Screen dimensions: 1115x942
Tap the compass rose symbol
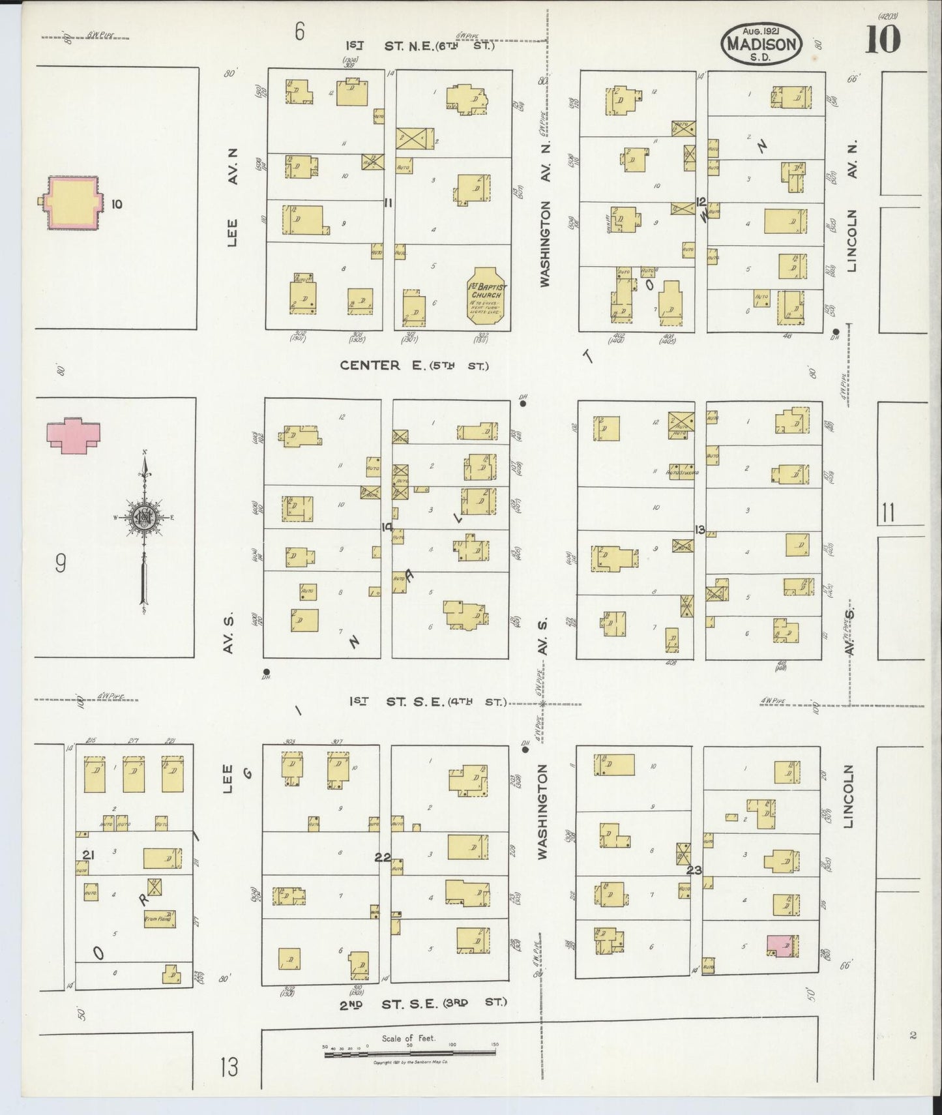tap(143, 518)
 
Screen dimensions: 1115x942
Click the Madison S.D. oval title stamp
tap(761, 44)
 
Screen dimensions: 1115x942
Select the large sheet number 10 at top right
tap(883, 40)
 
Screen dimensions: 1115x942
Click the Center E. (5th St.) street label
tap(414, 366)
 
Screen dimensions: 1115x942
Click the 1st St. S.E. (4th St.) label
tap(428, 702)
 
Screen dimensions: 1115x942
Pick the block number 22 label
tap(383, 857)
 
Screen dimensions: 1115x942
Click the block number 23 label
tap(694, 870)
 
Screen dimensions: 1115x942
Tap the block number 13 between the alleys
tap(699, 529)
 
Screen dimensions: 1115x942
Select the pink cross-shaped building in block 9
tap(74, 435)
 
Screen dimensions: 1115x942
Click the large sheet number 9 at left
tap(60, 563)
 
